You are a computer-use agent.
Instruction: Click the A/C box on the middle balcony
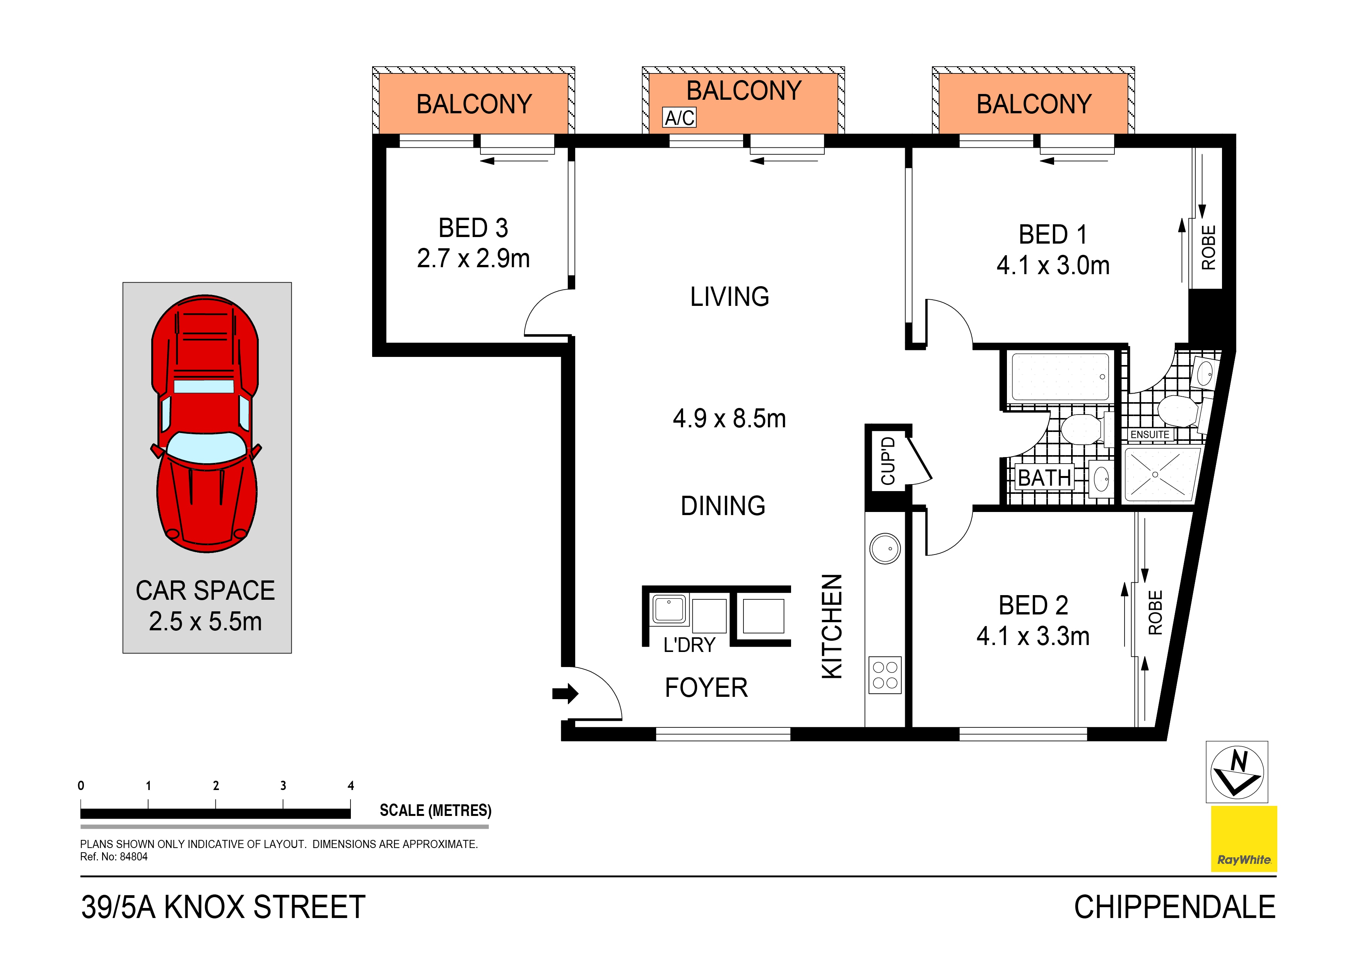point(679,118)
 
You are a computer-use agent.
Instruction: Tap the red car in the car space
point(206,423)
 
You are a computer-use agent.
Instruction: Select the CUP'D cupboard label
point(888,461)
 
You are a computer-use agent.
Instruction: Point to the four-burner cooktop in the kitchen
point(885,675)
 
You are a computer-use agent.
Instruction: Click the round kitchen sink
point(885,548)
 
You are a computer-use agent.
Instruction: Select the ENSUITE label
point(1150,434)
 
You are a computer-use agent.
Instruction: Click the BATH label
point(1044,478)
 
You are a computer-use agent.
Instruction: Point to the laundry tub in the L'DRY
point(669,609)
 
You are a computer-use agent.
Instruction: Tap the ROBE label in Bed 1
point(1208,247)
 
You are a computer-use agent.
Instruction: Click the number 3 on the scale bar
point(283,785)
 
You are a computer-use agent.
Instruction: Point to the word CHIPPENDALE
point(1174,907)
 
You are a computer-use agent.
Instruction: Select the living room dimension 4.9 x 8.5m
point(729,418)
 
